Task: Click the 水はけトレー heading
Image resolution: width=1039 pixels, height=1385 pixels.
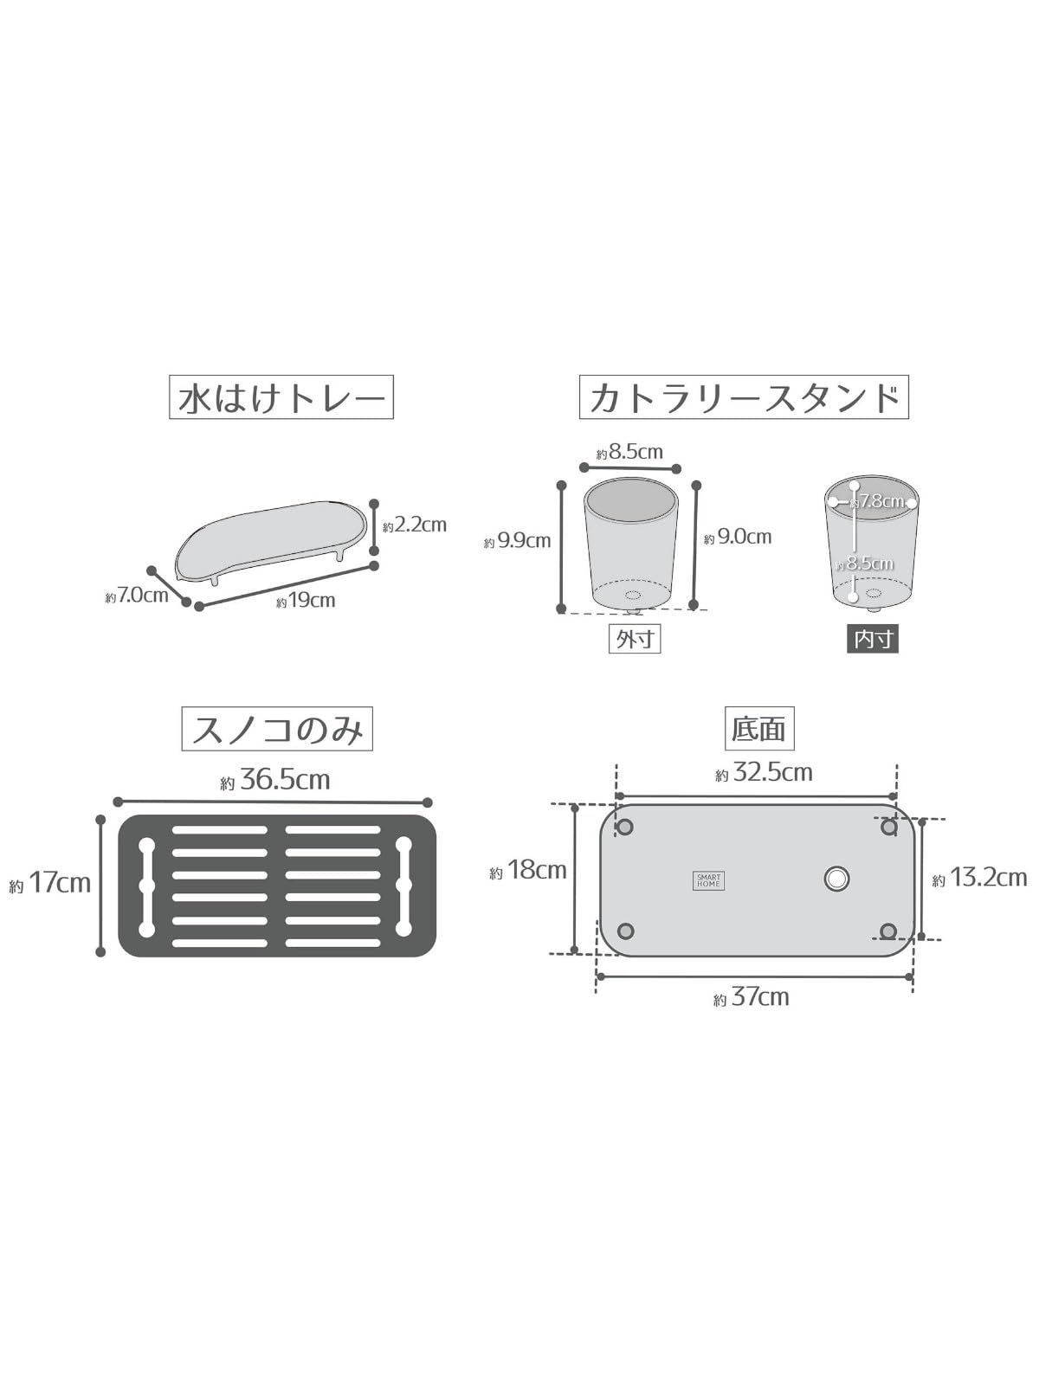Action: coord(281,397)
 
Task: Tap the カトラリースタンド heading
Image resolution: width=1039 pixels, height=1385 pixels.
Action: coord(744,397)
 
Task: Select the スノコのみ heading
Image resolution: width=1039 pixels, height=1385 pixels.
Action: coord(277,729)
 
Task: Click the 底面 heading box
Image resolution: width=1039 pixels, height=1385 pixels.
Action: coord(758,728)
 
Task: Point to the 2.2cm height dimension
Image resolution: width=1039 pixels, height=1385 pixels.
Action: coord(415,525)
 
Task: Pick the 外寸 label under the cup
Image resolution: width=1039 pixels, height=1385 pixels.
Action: coord(635,639)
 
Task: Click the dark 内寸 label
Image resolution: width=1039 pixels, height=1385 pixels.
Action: coord(873,639)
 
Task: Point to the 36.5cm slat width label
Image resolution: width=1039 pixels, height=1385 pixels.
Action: coord(275,780)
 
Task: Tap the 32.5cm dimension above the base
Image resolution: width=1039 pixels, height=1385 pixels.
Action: coord(764,772)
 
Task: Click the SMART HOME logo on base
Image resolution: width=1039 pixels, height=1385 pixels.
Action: coord(708,880)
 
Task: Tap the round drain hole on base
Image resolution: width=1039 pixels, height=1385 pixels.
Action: coord(836,879)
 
